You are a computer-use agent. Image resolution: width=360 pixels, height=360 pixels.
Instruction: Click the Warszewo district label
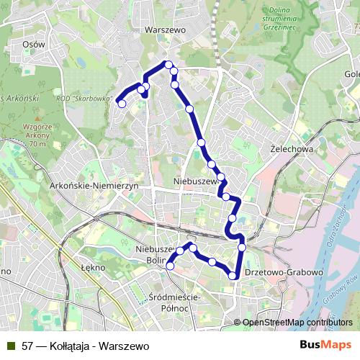[165, 30]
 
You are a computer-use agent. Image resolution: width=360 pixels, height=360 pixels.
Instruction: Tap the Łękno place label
[93, 266]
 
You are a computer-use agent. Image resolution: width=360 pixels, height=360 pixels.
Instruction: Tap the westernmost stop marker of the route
[122, 104]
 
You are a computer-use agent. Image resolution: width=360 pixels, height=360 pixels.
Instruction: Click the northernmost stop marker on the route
[169, 65]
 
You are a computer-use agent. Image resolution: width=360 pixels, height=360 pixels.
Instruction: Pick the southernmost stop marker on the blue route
[233, 276]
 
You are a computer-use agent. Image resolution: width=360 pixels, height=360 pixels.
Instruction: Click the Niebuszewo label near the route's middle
[195, 181]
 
